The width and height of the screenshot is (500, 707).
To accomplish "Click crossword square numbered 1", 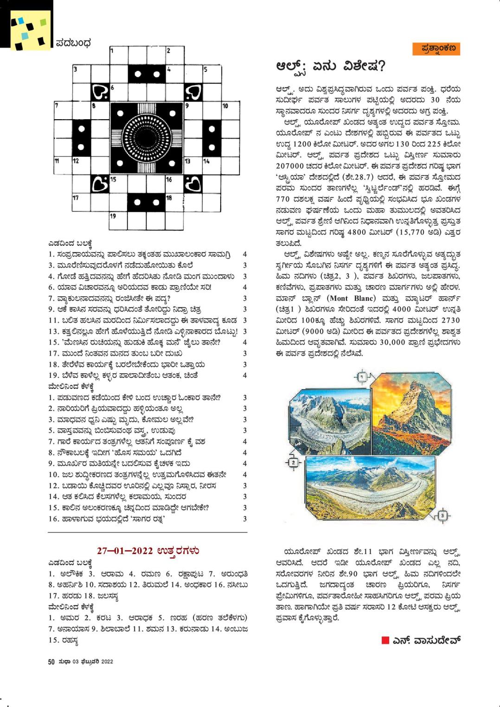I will tap(119, 55).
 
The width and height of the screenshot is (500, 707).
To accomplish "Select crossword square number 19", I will tap(119, 222).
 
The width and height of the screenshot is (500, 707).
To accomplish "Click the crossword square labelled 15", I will tap(119, 185).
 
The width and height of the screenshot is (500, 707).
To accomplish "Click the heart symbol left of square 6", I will tap(100, 92).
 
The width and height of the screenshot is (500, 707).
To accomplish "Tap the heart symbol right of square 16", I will tap(193, 185).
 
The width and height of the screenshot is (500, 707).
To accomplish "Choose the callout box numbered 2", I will tap(293, 462).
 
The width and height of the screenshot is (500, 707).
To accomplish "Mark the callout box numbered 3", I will tap(442, 515).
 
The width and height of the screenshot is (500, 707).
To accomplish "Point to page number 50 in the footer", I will tap(51, 662).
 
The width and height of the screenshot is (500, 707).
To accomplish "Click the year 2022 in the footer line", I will tap(107, 662).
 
